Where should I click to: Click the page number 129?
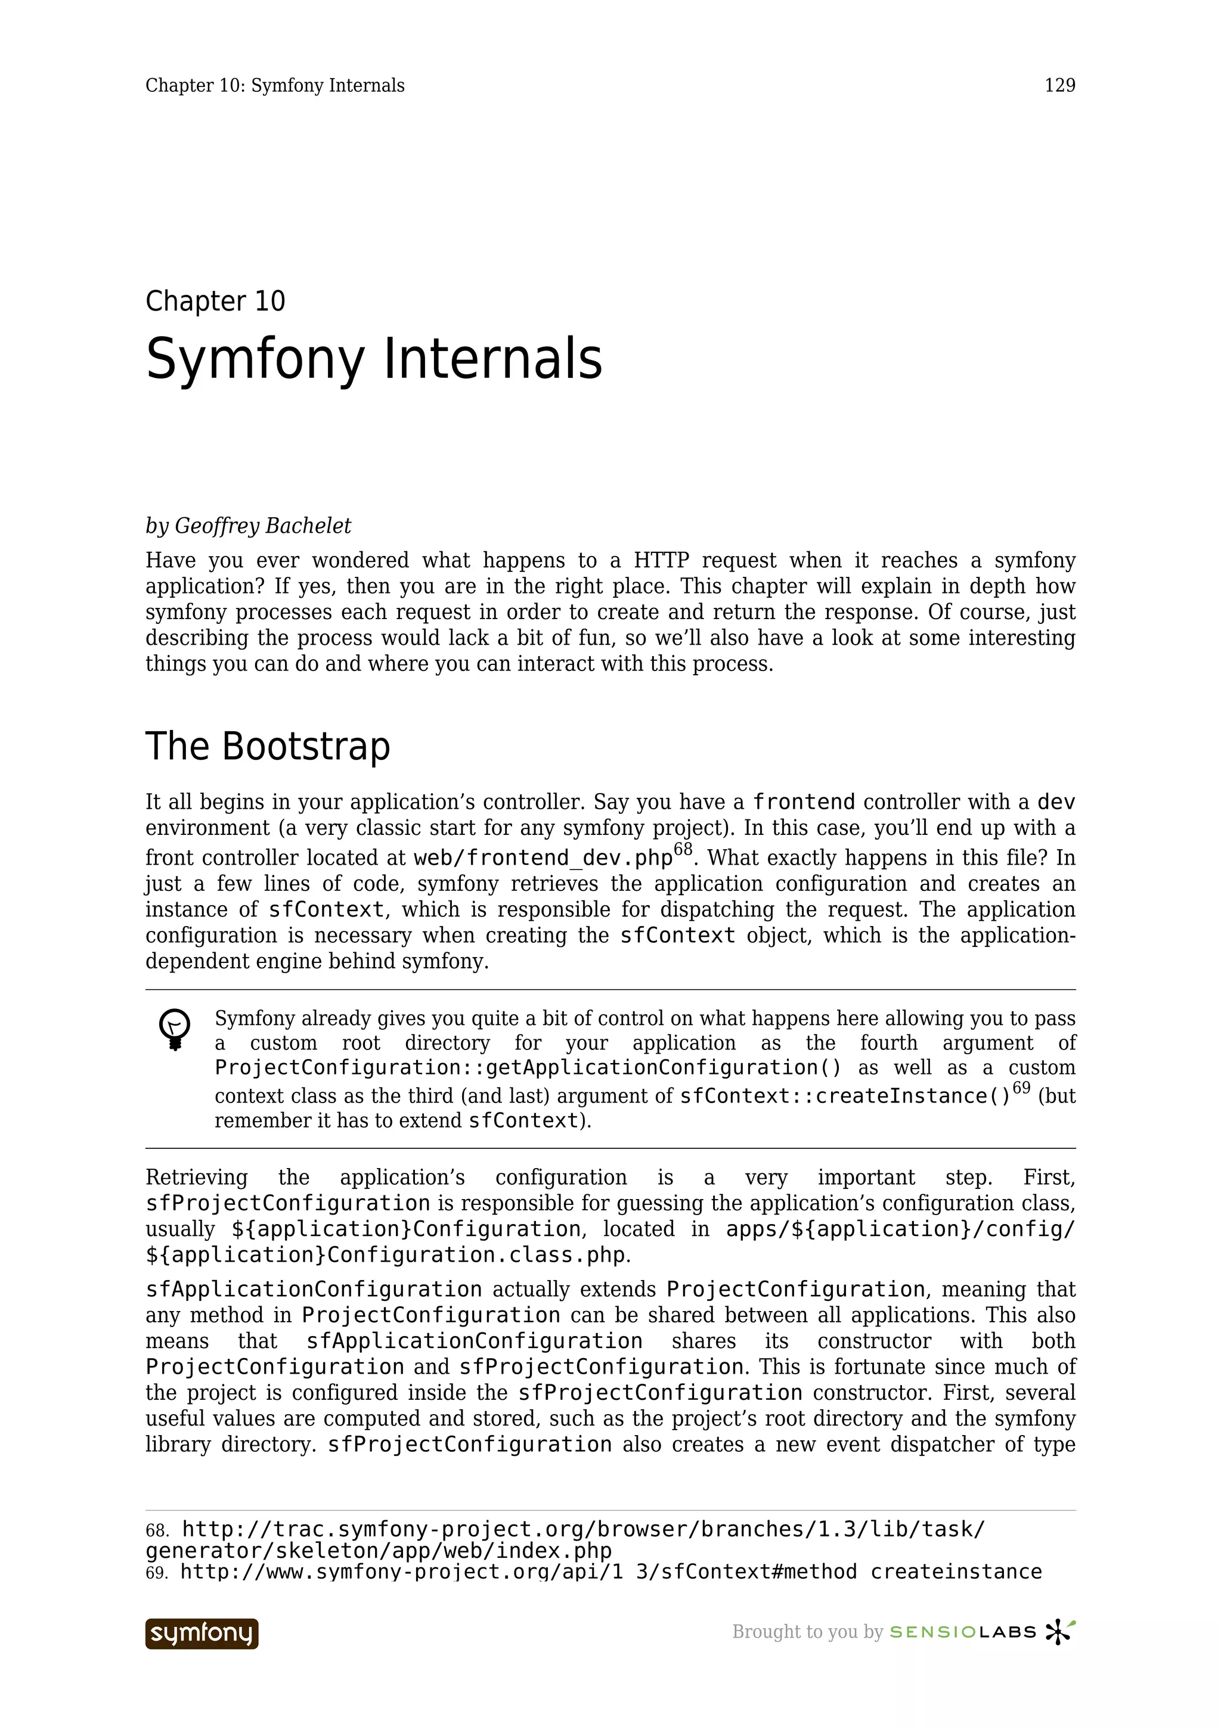[x=1059, y=86]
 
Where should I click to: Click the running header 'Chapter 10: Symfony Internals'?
[x=275, y=86]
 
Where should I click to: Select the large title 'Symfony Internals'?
[x=374, y=359]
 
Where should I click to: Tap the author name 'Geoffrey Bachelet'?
[x=262, y=526]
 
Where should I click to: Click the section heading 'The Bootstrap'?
[x=268, y=746]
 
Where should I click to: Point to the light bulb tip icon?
[x=175, y=1028]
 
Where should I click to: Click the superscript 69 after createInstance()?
[x=1021, y=1088]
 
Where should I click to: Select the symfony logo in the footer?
[x=202, y=1633]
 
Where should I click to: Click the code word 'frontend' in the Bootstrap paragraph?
[x=804, y=802]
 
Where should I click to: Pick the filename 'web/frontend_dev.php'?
[x=543, y=858]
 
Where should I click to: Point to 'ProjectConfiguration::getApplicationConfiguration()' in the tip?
[x=528, y=1067]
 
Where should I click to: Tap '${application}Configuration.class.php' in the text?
[x=385, y=1254]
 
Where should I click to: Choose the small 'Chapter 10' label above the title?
[x=215, y=301]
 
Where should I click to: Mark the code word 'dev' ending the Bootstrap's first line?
[x=1056, y=802]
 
